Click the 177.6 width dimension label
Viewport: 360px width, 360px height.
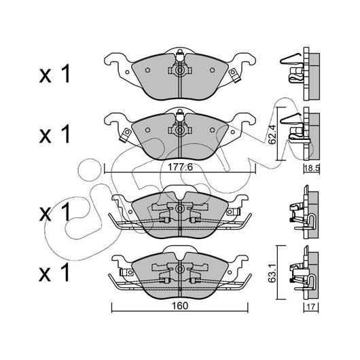[x=180, y=167]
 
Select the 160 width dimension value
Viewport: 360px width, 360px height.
[x=180, y=306]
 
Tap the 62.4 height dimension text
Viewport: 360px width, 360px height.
[x=272, y=134]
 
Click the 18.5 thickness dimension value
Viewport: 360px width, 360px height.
[x=312, y=168]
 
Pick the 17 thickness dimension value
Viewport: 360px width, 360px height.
[x=310, y=307]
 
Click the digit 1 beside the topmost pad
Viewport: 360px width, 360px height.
[x=65, y=74]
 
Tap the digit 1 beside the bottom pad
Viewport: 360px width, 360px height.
[x=65, y=272]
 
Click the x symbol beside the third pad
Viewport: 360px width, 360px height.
[x=46, y=215]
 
